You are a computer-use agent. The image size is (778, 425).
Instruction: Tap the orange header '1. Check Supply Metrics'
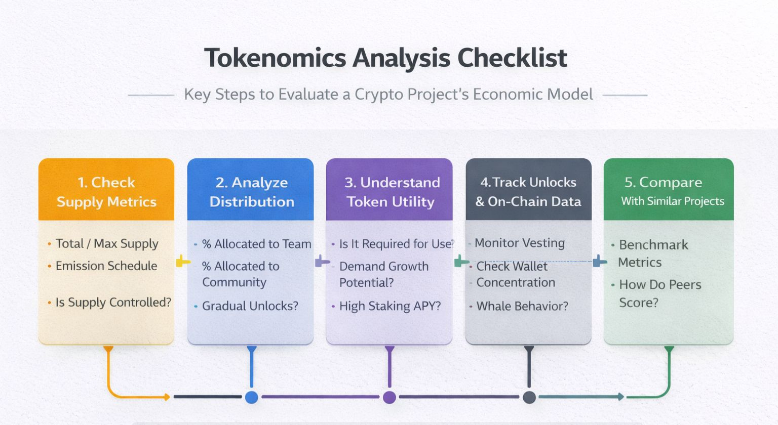106,191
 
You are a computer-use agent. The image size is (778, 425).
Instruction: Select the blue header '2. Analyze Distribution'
251,191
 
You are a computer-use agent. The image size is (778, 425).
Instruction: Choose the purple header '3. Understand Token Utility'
391,191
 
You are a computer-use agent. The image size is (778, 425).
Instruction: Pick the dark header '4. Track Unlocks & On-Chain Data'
528,191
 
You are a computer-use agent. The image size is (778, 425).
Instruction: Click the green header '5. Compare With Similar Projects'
669,191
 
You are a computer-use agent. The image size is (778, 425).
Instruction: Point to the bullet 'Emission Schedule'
106,266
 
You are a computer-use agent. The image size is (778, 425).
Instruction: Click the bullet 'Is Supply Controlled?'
113,302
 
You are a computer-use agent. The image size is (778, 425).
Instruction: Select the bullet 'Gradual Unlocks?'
250,306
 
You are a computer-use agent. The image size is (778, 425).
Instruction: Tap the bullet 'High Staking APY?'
390,306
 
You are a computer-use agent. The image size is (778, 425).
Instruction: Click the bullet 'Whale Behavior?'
522,306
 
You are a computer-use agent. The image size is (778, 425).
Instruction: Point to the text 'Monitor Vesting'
519,243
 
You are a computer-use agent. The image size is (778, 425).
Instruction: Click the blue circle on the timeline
252,397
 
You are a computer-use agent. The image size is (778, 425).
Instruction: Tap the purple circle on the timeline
390,397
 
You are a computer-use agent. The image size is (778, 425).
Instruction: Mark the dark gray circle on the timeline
529,397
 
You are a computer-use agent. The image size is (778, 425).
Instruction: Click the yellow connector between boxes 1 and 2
182,262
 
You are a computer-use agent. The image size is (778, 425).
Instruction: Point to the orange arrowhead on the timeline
167,397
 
